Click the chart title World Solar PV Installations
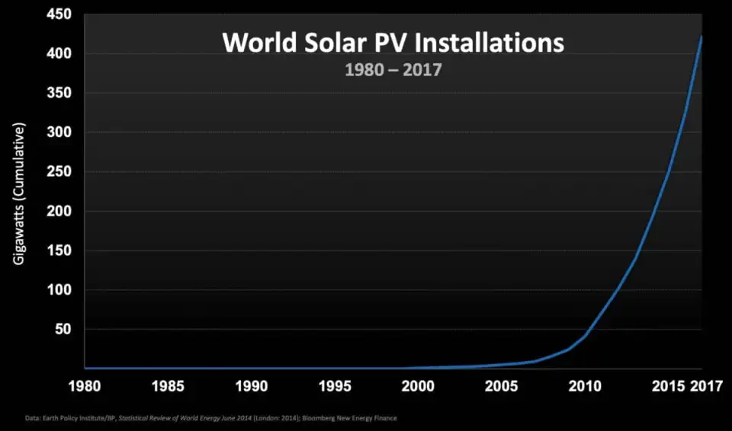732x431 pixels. [x=393, y=42]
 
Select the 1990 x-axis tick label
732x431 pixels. [x=252, y=386]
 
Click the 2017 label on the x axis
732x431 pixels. [x=708, y=386]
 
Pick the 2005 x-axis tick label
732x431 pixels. [x=502, y=386]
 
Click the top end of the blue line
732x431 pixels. [x=701, y=37]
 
